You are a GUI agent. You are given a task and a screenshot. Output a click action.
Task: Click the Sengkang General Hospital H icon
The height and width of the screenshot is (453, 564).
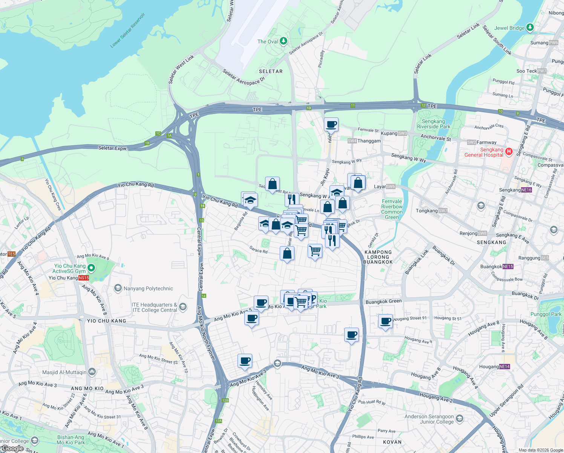(509, 152)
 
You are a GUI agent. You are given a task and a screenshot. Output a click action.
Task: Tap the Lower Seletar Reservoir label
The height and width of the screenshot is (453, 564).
(127, 31)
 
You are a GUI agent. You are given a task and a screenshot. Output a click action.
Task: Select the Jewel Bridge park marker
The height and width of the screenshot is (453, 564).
(530, 28)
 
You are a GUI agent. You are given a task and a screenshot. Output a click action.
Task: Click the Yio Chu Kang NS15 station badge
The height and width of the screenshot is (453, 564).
(84, 278)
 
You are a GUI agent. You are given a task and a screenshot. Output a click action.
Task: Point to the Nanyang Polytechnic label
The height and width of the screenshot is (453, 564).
(148, 288)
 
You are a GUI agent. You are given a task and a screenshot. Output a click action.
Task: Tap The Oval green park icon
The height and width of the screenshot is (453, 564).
(284, 41)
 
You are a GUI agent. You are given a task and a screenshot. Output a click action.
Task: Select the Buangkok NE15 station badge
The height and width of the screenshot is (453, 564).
(508, 267)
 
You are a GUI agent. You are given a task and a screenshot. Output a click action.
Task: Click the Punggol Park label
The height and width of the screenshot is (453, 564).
(546, 314)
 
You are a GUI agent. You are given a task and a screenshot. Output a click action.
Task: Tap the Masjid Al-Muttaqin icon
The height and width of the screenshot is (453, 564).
(92, 372)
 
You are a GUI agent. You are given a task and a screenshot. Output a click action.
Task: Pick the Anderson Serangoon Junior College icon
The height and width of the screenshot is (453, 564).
(459, 418)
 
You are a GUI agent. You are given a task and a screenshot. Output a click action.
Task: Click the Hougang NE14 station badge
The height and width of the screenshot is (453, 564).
(504, 367)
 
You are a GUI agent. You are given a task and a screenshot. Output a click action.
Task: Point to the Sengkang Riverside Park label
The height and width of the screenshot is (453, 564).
(433, 124)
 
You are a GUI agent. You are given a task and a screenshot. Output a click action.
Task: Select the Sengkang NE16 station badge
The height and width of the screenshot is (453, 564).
(526, 190)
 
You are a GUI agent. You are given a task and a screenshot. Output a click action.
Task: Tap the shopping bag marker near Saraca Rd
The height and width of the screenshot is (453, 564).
(287, 253)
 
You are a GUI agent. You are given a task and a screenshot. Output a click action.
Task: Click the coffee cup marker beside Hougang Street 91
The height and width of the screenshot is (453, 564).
(385, 321)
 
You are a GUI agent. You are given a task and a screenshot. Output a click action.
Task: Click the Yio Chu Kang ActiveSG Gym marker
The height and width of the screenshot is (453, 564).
(91, 268)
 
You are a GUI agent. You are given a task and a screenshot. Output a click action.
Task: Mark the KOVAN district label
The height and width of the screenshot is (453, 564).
(392, 442)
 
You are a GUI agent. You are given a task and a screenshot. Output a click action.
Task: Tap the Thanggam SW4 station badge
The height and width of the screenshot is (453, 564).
(352, 141)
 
